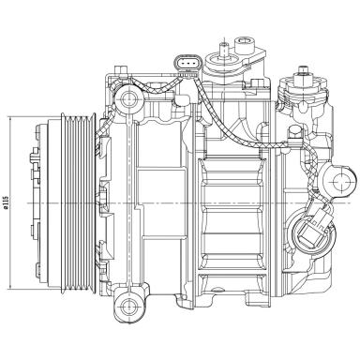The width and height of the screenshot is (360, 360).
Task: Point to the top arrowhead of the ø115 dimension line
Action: tap(10, 120)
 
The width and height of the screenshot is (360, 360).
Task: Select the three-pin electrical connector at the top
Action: tap(188, 65)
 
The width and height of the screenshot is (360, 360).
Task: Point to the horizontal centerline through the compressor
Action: tap(187, 202)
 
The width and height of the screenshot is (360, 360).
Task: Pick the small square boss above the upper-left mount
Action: tap(121, 70)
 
